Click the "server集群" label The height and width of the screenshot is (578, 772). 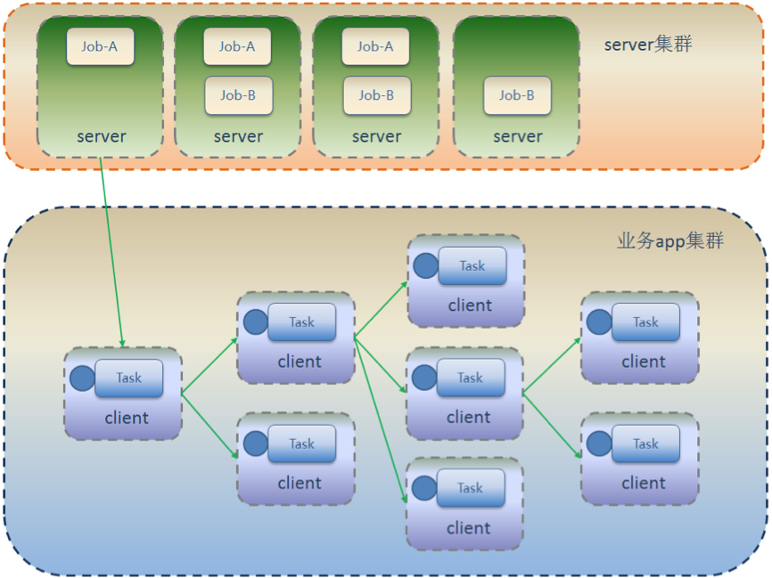647,45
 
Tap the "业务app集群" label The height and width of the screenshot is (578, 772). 670,241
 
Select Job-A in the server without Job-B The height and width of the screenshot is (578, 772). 100,46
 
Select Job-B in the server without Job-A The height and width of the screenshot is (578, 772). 517,95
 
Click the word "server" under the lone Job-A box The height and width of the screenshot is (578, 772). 101,136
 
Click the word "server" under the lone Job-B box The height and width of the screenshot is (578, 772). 517,136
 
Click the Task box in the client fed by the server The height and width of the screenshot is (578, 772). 129,378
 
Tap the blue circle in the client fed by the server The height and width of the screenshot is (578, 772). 83,379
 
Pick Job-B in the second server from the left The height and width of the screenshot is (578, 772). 238,95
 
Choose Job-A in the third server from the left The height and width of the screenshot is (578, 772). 375,46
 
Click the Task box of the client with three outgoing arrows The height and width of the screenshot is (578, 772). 302,322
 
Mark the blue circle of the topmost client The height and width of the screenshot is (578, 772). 426,265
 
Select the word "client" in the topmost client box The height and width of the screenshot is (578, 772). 470,305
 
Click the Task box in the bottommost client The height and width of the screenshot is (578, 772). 471,488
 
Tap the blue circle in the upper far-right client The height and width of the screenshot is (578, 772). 599,322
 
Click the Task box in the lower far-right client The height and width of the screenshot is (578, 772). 645,444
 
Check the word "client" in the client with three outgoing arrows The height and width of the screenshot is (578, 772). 299,362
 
